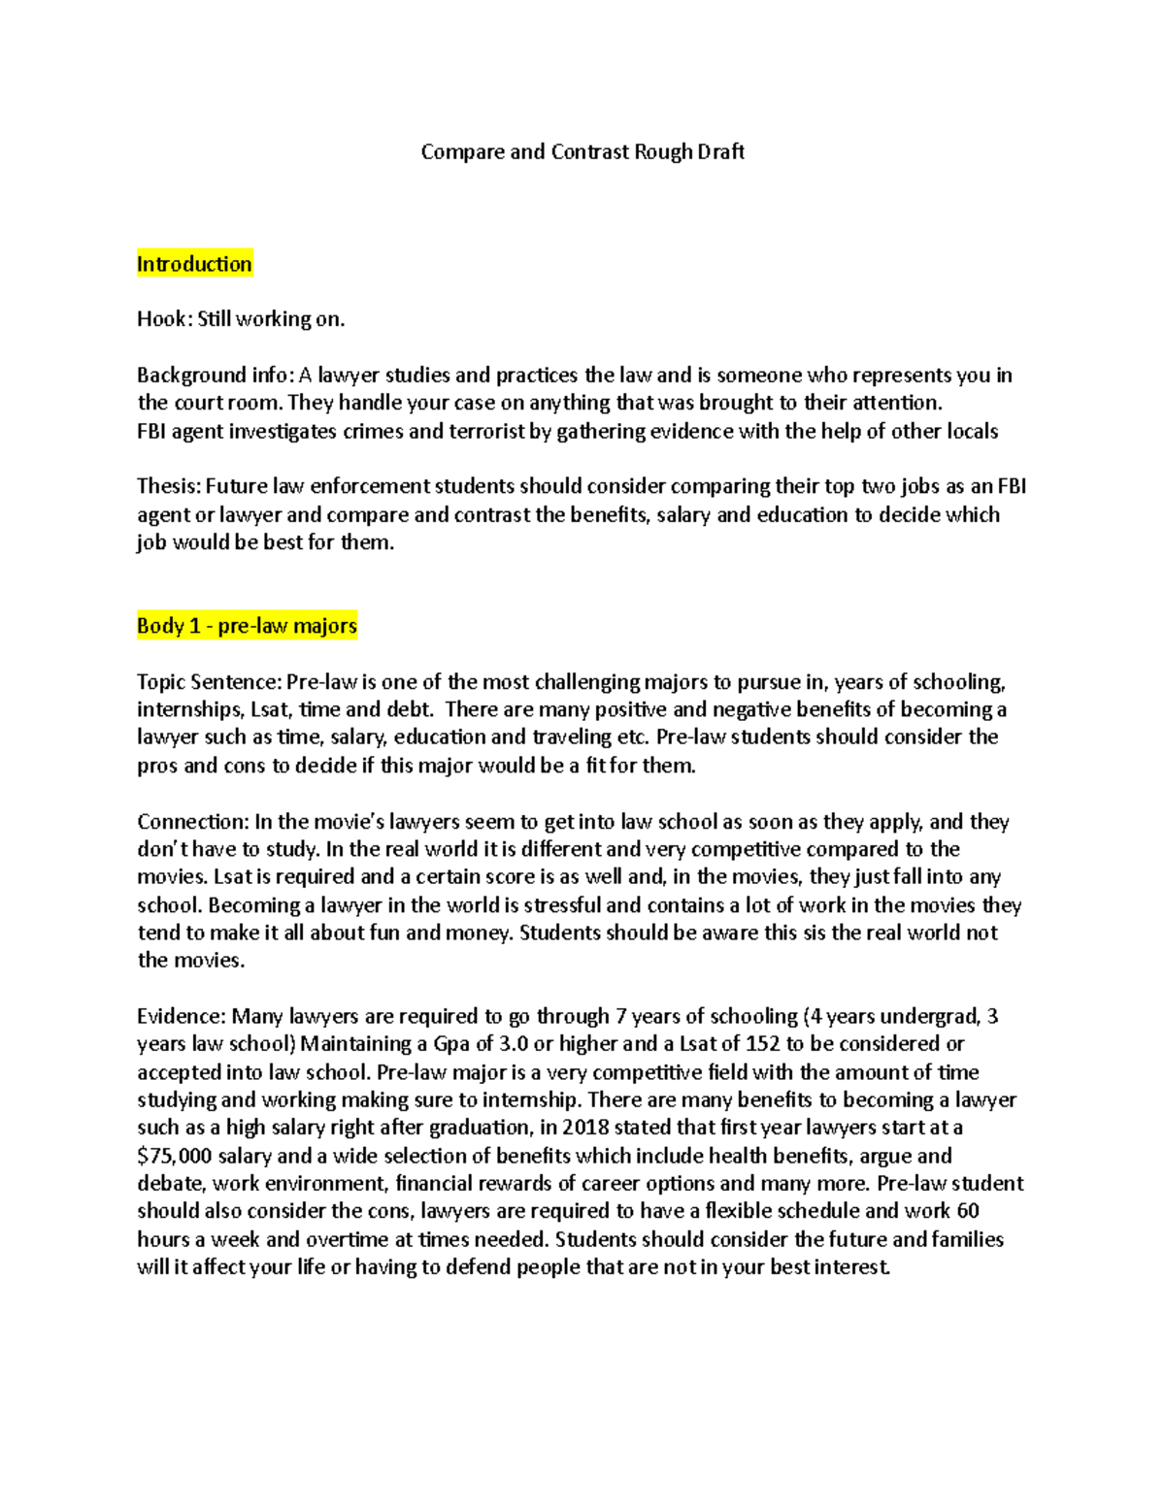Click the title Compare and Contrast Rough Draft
(582, 152)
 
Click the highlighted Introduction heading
(194, 264)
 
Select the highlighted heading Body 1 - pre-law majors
(247, 626)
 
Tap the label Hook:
(164, 319)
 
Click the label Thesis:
(168, 487)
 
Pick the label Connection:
(192, 822)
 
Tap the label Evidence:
(182, 1017)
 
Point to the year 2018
(585, 1128)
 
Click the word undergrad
(932, 1017)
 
